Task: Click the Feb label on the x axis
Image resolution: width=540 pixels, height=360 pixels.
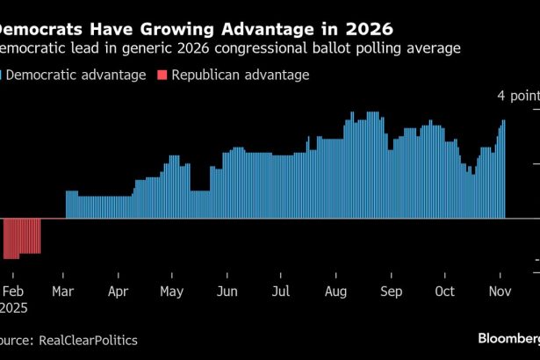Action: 13,292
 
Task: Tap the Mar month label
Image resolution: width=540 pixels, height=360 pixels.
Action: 63,292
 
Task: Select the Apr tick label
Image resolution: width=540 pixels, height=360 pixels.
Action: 118,292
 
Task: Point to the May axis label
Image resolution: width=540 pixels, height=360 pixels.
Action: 171,292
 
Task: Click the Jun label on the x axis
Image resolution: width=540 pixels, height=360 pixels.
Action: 227,292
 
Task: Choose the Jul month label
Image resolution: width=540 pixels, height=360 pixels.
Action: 281,292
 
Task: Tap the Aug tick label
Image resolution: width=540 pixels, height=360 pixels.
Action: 336,292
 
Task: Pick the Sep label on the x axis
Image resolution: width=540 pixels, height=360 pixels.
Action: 392,292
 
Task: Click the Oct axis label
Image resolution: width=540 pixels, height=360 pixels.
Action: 445,292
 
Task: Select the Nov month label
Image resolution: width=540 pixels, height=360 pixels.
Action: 500,292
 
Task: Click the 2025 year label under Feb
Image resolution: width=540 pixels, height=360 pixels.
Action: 13,308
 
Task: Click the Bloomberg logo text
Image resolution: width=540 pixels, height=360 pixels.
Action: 508,338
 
